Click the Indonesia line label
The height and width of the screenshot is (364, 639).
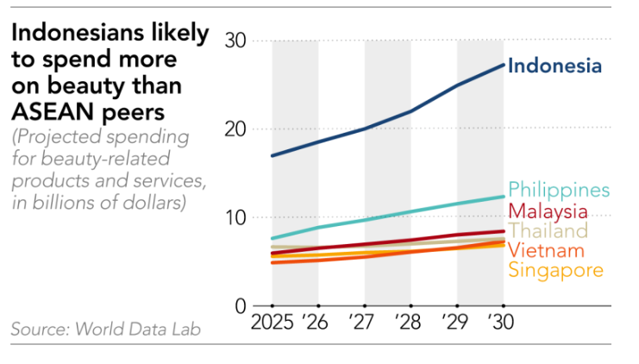coord(554,66)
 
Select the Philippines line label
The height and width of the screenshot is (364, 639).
coord(559,190)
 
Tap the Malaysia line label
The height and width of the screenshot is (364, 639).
coord(548,211)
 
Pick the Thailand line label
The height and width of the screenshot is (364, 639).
coord(548,231)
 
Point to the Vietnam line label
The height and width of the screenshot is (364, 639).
coord(546,251)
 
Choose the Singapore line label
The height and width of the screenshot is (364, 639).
coord(555,270)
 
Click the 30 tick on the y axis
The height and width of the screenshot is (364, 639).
coord(235,41)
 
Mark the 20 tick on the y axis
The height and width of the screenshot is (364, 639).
coord(235,129)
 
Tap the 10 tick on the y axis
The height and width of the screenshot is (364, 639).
coord(235,217)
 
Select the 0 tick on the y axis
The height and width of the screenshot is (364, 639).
coord(241,306)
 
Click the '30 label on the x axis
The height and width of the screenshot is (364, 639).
coord(503,323)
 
